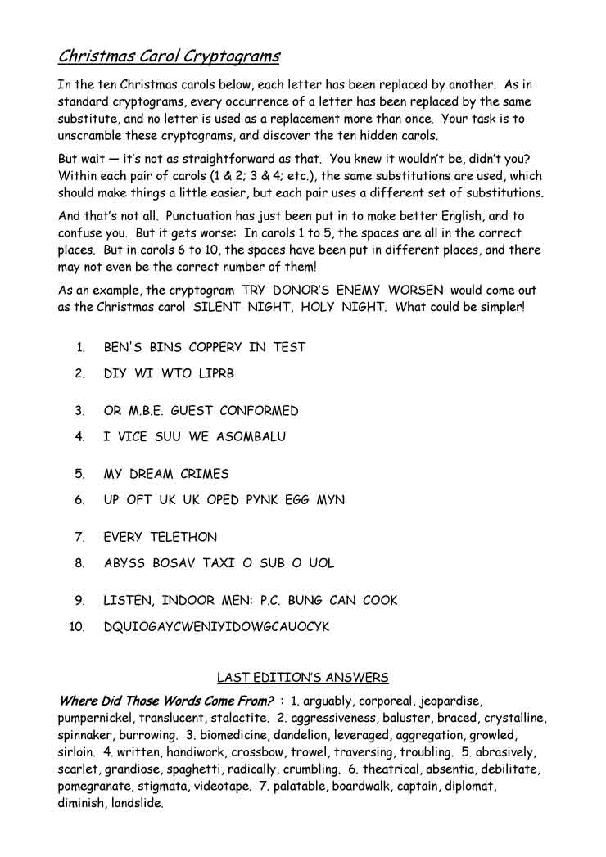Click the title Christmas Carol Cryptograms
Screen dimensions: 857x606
(x=169, y=56)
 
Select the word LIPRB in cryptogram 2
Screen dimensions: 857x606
(x=216, y=373)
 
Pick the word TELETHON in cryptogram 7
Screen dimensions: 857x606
(x=183, y=537)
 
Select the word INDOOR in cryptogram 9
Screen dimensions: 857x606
(x=188, y=600)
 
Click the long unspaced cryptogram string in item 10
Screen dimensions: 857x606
(x=216, y=626)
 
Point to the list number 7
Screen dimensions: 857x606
(x=80, y=537)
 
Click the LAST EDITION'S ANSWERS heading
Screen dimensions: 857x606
(x=302, y=678)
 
